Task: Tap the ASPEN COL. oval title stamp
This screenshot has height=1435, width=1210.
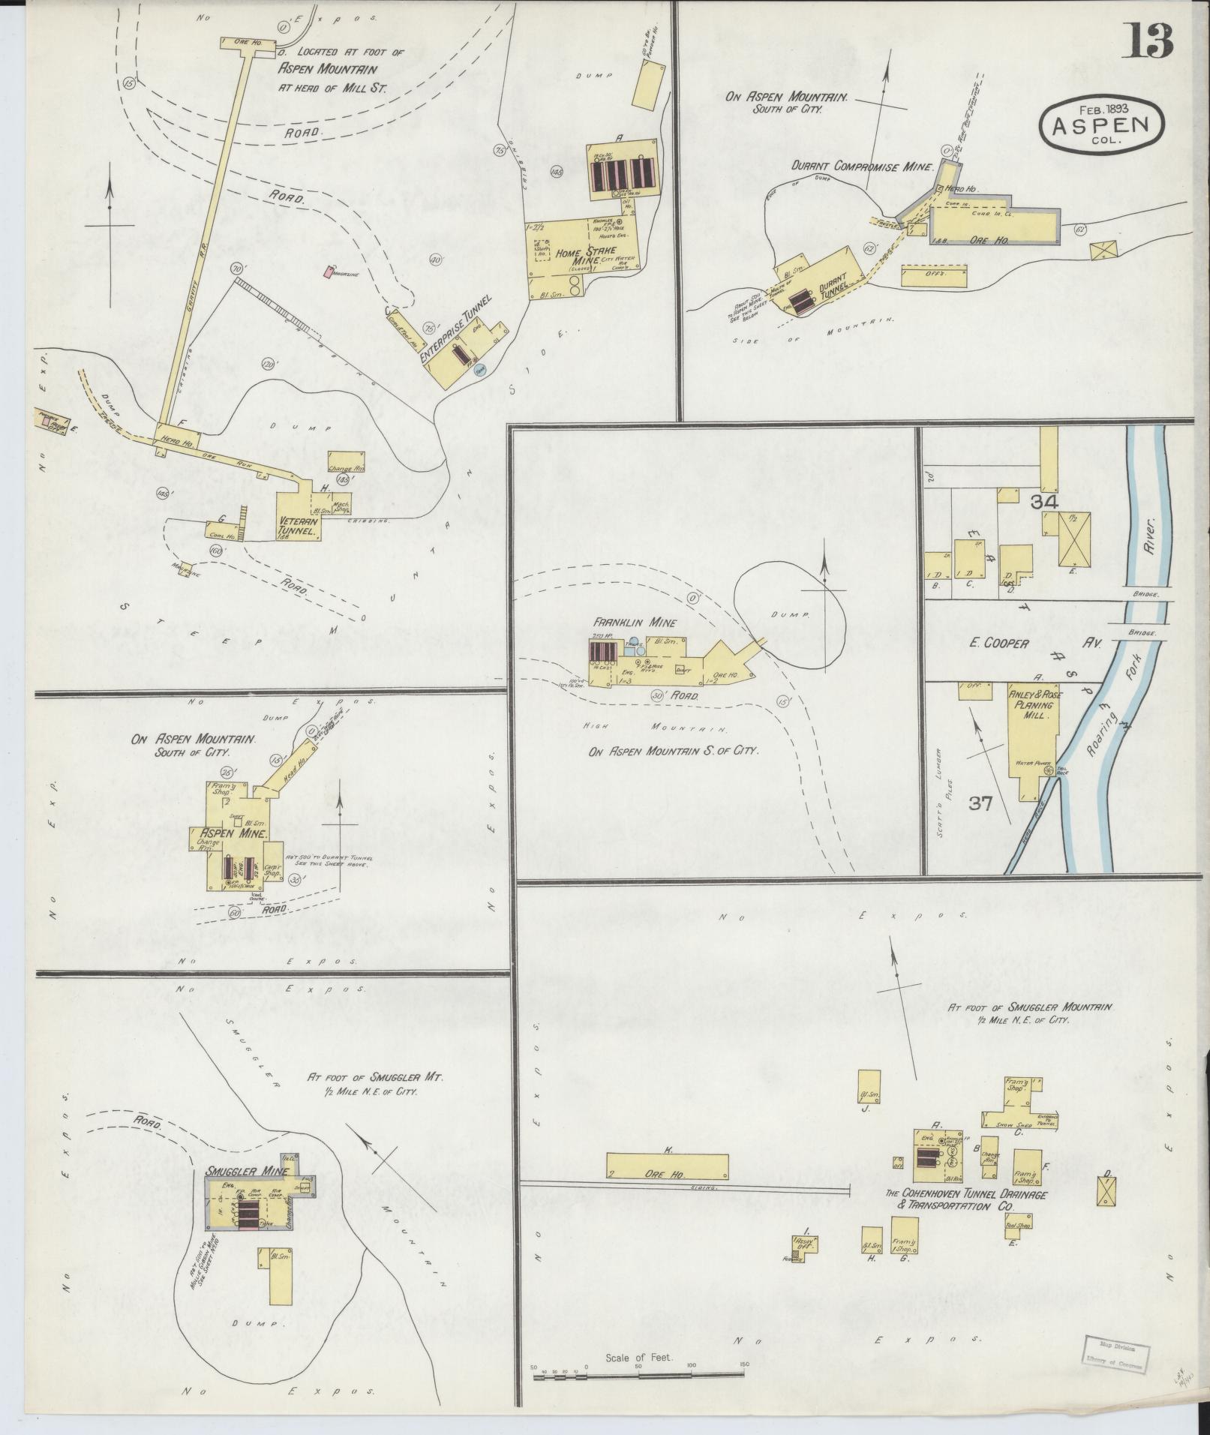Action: tap(1101, 125)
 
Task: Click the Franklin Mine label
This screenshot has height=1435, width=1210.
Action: tap(635, 623)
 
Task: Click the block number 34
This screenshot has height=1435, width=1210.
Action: tap(1043, 503)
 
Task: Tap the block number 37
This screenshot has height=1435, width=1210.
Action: tap(980, 803)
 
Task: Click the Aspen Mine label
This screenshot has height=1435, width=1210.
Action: tap(224, 832)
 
